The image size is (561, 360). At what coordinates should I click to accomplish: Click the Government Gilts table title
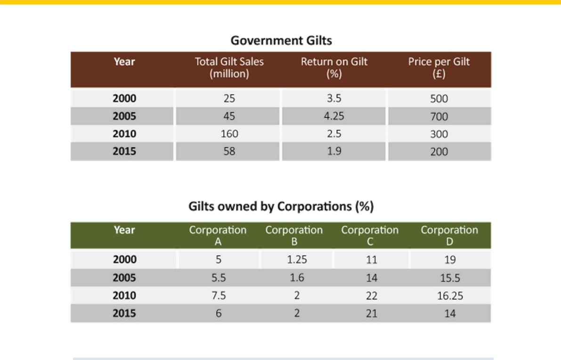click(x=281, y=41)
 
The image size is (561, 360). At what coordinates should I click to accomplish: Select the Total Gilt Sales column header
click(x=229, y=68)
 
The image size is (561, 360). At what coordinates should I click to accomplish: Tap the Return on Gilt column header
click(x=334, y=68)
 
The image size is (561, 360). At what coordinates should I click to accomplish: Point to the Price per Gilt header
click(x=439, y=68)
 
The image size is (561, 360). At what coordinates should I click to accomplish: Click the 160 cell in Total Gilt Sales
click(x=229, y=134)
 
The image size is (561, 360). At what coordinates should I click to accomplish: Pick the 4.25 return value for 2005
click(x=334, y=116)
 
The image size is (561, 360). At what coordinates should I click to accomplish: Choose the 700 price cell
click(x=439, y=116)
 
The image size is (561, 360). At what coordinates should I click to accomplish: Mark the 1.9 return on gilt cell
click(x=334, y=151)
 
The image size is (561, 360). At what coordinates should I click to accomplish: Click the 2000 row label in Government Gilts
click(x=124, y=98)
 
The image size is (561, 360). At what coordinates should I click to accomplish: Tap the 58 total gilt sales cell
click(x=229, y=151)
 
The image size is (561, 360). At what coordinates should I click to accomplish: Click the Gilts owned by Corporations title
click(x=281, y=206)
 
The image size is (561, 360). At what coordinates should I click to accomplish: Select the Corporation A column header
click(x=218, y=236)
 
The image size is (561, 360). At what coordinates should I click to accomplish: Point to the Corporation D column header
click(x=449, y=236)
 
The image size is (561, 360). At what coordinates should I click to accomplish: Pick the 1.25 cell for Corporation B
click(x=297, y=260)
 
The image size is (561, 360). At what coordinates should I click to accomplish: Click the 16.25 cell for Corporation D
click(x=450, y=295)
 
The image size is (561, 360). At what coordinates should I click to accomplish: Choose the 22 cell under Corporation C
click(x=371, y=295)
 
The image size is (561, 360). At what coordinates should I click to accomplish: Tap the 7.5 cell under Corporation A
click(x=219, y=295)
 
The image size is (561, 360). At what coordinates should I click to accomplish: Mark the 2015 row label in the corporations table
click(x=124, y=313)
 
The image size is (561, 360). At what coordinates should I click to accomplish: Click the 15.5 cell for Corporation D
click(x=450, y=278)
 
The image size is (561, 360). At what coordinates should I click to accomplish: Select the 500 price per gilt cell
click(x=439, y=99)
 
